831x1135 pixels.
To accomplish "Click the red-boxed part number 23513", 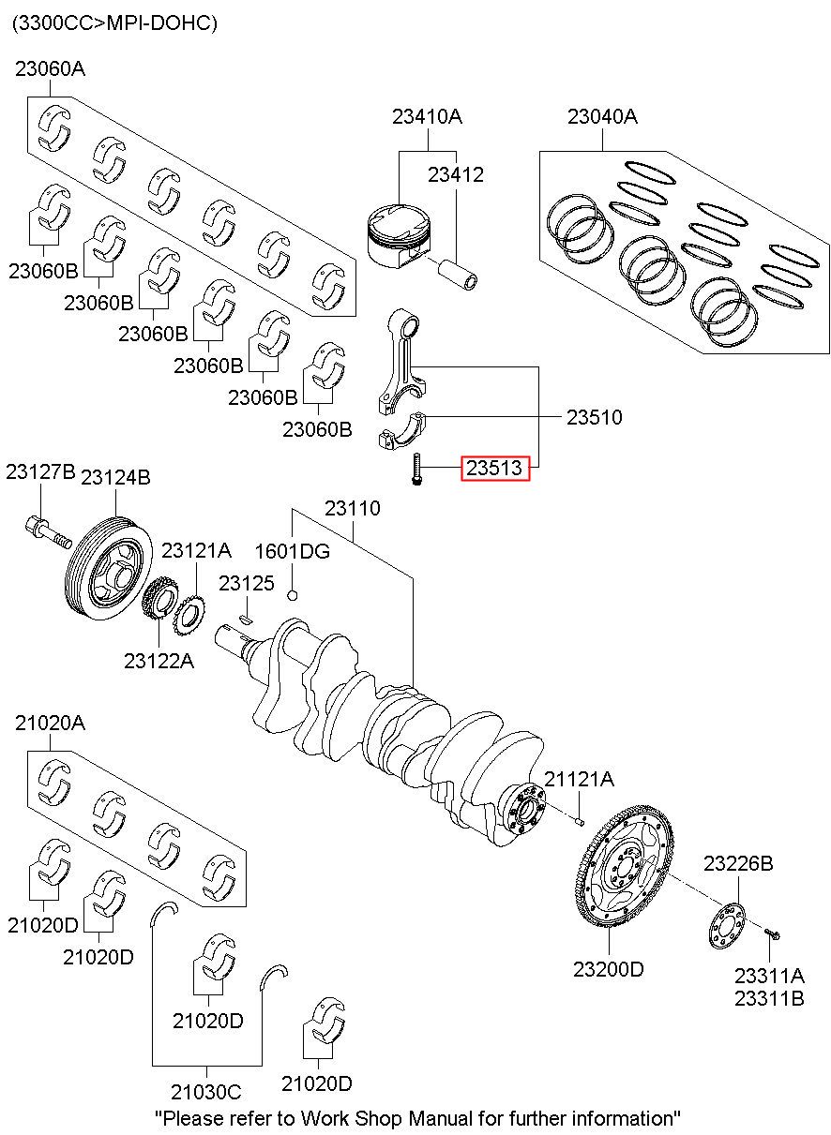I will tap(494, 467).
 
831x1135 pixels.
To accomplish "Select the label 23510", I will tap(594, 416).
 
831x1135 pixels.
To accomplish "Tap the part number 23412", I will tap(456, 174).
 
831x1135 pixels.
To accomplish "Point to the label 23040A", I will tap(602, 117).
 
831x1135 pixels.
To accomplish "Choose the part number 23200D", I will tap(609, 969).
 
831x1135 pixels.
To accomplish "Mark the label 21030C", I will tap(206, 1092).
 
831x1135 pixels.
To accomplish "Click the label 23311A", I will tap(769, 975).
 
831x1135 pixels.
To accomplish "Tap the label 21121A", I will tap(580, 779).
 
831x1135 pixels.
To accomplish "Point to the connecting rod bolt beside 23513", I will tap(415, 469).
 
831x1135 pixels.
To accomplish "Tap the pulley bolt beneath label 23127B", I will tap(46, 532).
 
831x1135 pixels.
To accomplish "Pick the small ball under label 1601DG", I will tap(293, 595).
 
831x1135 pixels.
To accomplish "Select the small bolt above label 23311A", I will tap(773, 933).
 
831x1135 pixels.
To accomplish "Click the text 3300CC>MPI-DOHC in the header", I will tap(113, 23).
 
